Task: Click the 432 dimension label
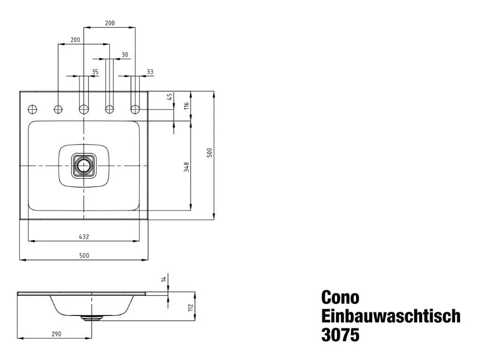84,237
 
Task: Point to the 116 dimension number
186,106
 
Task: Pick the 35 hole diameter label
95,72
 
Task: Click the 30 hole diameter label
124,55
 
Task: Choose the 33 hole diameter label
150,72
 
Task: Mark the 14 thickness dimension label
164,279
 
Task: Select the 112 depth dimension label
190,307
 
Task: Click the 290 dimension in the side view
56,334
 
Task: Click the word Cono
340,298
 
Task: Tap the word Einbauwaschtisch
390,316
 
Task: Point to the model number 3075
340,335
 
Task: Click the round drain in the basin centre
84,166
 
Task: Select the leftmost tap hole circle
32,109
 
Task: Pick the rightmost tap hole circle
135,109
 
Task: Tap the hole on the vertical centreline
84,109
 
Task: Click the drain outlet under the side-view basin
91,317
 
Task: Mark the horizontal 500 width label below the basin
84,255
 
